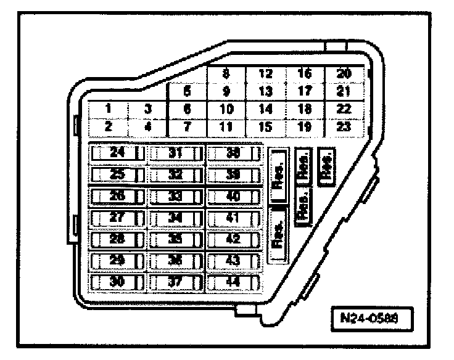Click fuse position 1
pos(107,109)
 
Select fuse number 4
pos(148,126)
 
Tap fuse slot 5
pos(187,91)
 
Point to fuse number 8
pos(226,74)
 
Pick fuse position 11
pos(226,126)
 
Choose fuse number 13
pos(265,91)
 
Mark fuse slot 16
pos(305,74)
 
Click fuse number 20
pos(344,74)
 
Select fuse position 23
pos(344,126)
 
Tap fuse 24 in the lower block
pos(117,153)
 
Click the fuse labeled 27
pos(117,218)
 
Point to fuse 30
pos(117,282)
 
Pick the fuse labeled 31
pos(176,153)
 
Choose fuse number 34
pos(176,218)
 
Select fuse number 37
pos(176,282)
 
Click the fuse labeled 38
pos(233,153)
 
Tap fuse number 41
pos(233,218)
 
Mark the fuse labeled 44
pos(233,282)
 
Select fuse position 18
pos(305,109)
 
